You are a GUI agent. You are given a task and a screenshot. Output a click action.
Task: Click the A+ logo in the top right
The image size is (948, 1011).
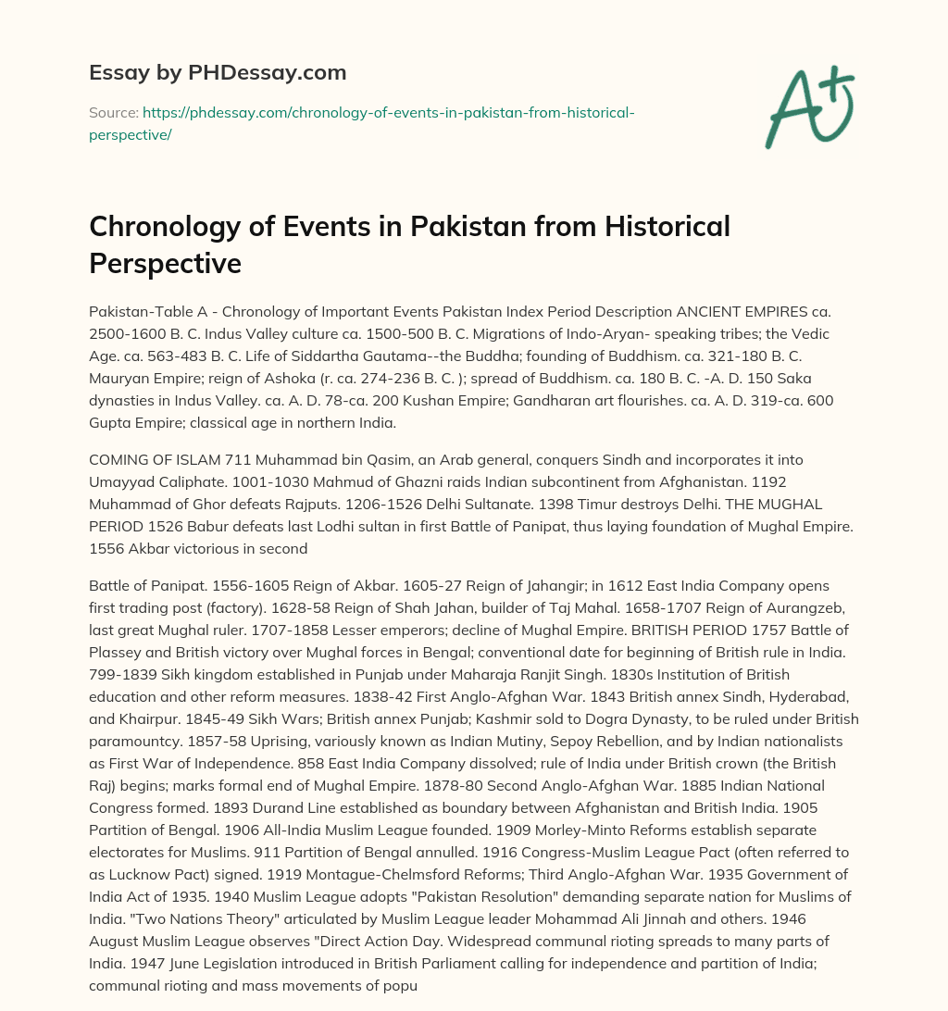(x=808, y=106)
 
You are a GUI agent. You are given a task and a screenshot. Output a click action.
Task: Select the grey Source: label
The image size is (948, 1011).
(x=112, y=113)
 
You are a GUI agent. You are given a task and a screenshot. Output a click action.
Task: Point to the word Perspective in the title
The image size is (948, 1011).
(x=165, y=263)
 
